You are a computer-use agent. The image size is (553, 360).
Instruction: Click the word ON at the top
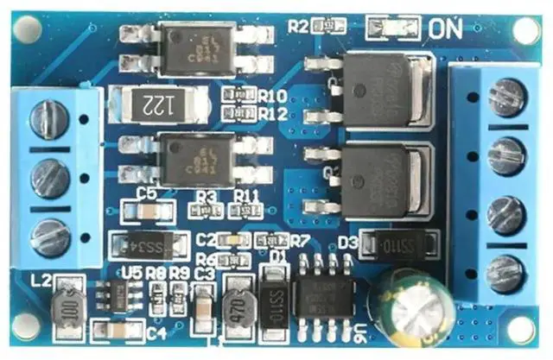pyautogui.click(x=444, y=28)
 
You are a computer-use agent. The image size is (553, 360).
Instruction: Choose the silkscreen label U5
pyautogui.click(x=132, y=272)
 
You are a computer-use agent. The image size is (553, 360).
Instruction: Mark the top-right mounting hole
pyautogui.click(x=525, y=30)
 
